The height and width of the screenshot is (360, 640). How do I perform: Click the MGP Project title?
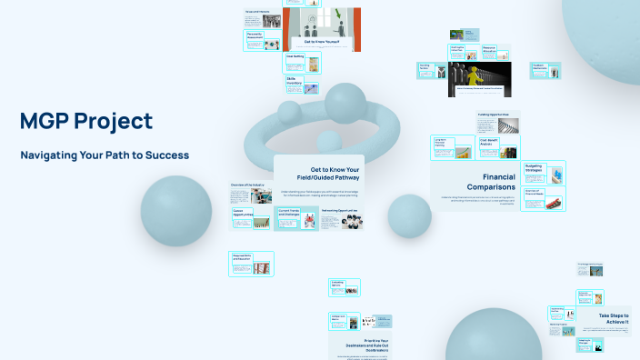coord(86,121)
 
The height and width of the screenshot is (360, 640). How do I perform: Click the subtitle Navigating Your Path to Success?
coord(105,155)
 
